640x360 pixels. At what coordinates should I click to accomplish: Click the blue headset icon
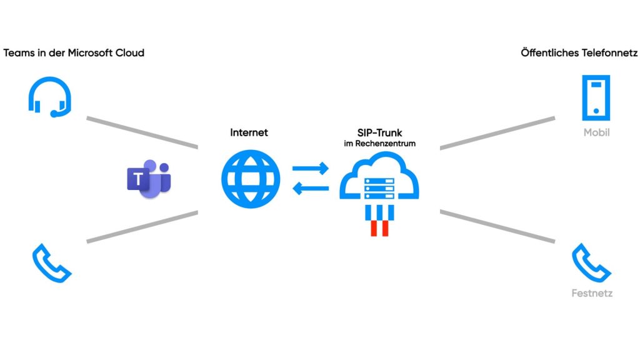pos(49,97)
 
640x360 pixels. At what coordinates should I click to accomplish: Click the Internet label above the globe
pos(249,132)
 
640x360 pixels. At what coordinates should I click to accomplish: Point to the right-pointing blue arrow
pos(310,168)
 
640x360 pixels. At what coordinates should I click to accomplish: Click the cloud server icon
pos(379,181)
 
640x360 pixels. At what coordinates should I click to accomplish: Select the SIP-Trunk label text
pos(379,132)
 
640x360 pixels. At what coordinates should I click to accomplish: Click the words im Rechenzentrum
pos(379,144)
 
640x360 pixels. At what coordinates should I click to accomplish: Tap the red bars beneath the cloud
pos(379,228)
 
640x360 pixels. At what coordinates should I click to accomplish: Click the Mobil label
pos(596,132)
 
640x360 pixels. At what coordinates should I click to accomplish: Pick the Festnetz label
pos(591,292)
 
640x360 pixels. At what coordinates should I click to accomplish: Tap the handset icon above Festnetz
pos(591,263)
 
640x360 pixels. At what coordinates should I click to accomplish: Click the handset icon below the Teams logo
pos(52,263)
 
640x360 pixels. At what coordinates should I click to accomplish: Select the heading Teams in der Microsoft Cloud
pos(74,53)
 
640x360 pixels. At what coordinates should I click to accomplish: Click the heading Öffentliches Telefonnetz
pos(578,53)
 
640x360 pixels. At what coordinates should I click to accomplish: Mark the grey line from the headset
pos(142,132)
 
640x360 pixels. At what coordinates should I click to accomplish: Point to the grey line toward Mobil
pos(497,132)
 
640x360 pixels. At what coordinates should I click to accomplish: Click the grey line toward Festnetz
pos(497,226)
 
